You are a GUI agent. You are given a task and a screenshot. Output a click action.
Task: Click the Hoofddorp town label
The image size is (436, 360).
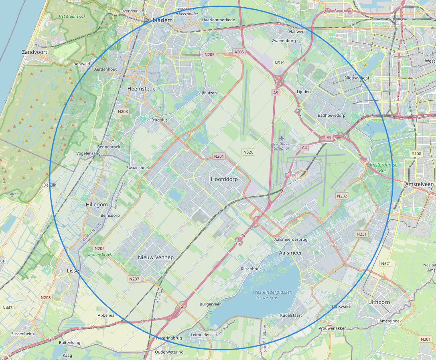pos(224,179)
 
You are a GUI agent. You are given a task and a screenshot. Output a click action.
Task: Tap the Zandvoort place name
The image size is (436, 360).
pos(34,52)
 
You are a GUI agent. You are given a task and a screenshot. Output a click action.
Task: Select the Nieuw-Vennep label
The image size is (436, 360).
pos(156,257)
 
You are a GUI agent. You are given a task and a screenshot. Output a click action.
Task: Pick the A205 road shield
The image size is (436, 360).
pos(239,52)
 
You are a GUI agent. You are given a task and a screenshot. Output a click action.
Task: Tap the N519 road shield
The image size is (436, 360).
pos(279,63)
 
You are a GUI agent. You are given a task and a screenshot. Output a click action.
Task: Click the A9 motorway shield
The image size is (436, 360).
pos(329,137)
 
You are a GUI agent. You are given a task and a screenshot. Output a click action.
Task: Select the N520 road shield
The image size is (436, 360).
pos(248,152)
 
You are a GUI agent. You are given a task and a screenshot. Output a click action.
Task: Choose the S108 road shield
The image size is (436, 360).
pos(417,153)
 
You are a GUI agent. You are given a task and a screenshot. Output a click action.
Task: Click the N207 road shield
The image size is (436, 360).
pos(134,279)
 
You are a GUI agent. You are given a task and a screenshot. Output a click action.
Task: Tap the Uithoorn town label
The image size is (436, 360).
pos(379,302)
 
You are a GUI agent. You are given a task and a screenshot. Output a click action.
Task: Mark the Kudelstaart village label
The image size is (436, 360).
pos(291,315)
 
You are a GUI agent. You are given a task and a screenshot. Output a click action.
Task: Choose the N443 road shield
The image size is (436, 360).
pos(7,307)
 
